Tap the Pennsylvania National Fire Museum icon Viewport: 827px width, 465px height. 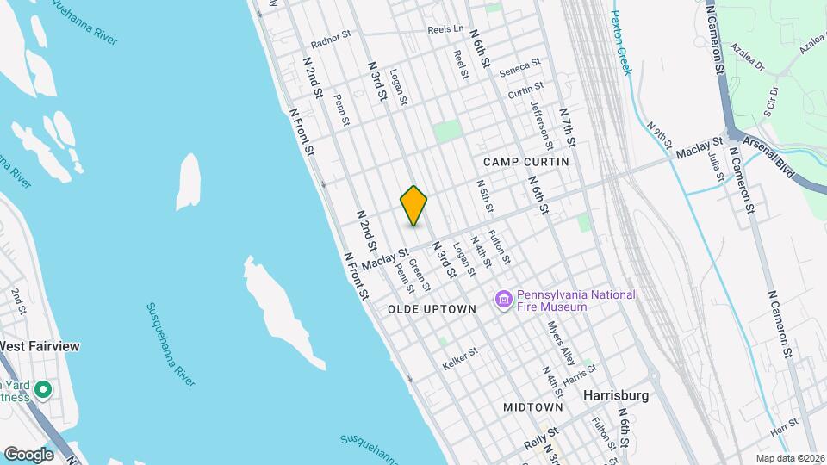click(x=503, y=300)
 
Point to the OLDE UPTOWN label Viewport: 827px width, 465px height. click(x=432, y=308)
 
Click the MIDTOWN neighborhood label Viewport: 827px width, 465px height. click(x=533, y=406)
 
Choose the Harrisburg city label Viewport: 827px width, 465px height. click(x=615, y=395)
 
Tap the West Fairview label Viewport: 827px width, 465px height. click(x=40, y=346)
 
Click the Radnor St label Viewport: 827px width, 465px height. click(x=332, y=39)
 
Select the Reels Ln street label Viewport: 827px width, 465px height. click(x=445, y=29)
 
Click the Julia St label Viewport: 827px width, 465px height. click(x=716, y=164)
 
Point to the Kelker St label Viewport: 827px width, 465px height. click(x=459, y=360)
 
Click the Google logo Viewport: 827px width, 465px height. click(x=28, y=454)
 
